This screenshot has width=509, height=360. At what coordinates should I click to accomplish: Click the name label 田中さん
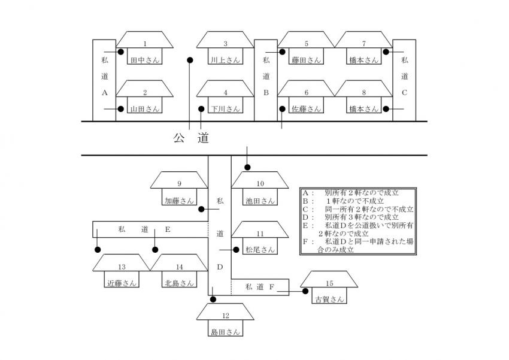click(144, 60)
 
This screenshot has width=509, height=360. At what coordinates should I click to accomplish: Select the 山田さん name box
click(144, 109)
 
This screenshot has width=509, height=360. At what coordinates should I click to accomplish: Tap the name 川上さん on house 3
click(225, 60)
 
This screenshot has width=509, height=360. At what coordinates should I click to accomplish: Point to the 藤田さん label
click(306, 60)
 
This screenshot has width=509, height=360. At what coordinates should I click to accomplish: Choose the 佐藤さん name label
click(306, 109)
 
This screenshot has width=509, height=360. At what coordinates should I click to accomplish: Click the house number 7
click(364, 44)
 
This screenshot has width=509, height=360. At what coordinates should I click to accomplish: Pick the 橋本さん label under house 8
click(363, 109)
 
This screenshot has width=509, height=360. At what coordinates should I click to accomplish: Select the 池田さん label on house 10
click(260, 201)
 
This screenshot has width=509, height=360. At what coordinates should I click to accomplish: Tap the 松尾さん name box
click(260, 249)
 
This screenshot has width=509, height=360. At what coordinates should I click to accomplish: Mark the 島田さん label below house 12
click(225, 331)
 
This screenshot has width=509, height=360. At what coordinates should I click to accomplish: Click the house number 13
click(122, 267)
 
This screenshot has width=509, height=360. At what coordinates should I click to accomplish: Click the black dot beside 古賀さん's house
click(305, 291)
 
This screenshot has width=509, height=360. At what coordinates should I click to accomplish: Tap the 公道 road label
click(191, 138)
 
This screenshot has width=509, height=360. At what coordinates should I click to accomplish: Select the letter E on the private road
click(168, 229)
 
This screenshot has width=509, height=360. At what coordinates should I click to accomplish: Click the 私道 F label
click(259, 288)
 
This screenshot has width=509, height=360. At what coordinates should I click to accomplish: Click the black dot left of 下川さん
click(201, 109)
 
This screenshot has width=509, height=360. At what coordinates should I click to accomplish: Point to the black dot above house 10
click(247, 167)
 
